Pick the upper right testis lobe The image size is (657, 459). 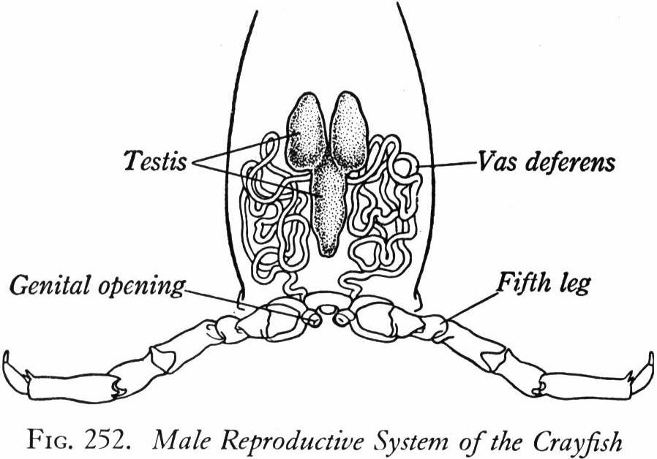[350, 131]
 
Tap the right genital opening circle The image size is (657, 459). [342, 318]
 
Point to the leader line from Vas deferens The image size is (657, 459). [446, 164]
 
